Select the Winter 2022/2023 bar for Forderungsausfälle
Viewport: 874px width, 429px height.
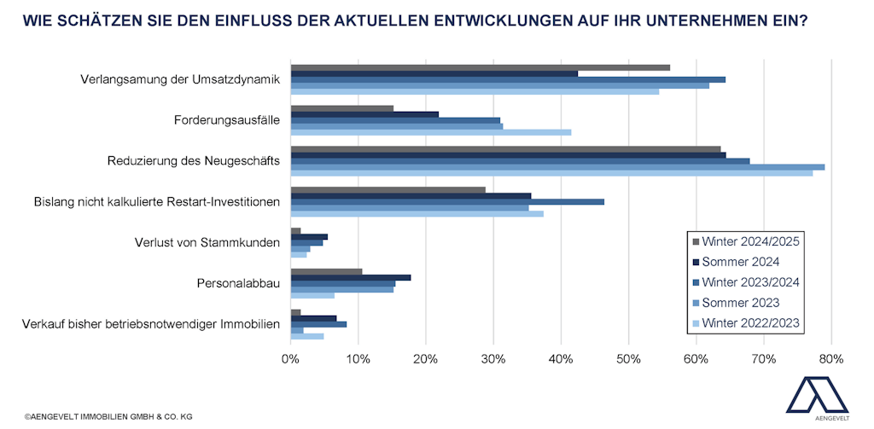pos(431,132)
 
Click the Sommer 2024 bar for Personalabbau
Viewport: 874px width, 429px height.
pos(351,277)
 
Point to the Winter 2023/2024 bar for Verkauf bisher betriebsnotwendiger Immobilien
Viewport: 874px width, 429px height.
pos(318,324)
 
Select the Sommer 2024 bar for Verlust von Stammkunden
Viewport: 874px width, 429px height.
pos(309,236)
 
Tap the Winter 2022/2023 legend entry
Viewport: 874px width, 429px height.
pos(749,323)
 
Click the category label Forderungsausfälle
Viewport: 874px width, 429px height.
pos(227,120)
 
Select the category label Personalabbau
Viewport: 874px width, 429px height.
pos(240,283)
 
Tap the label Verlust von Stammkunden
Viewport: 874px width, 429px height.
pos(207,243)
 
